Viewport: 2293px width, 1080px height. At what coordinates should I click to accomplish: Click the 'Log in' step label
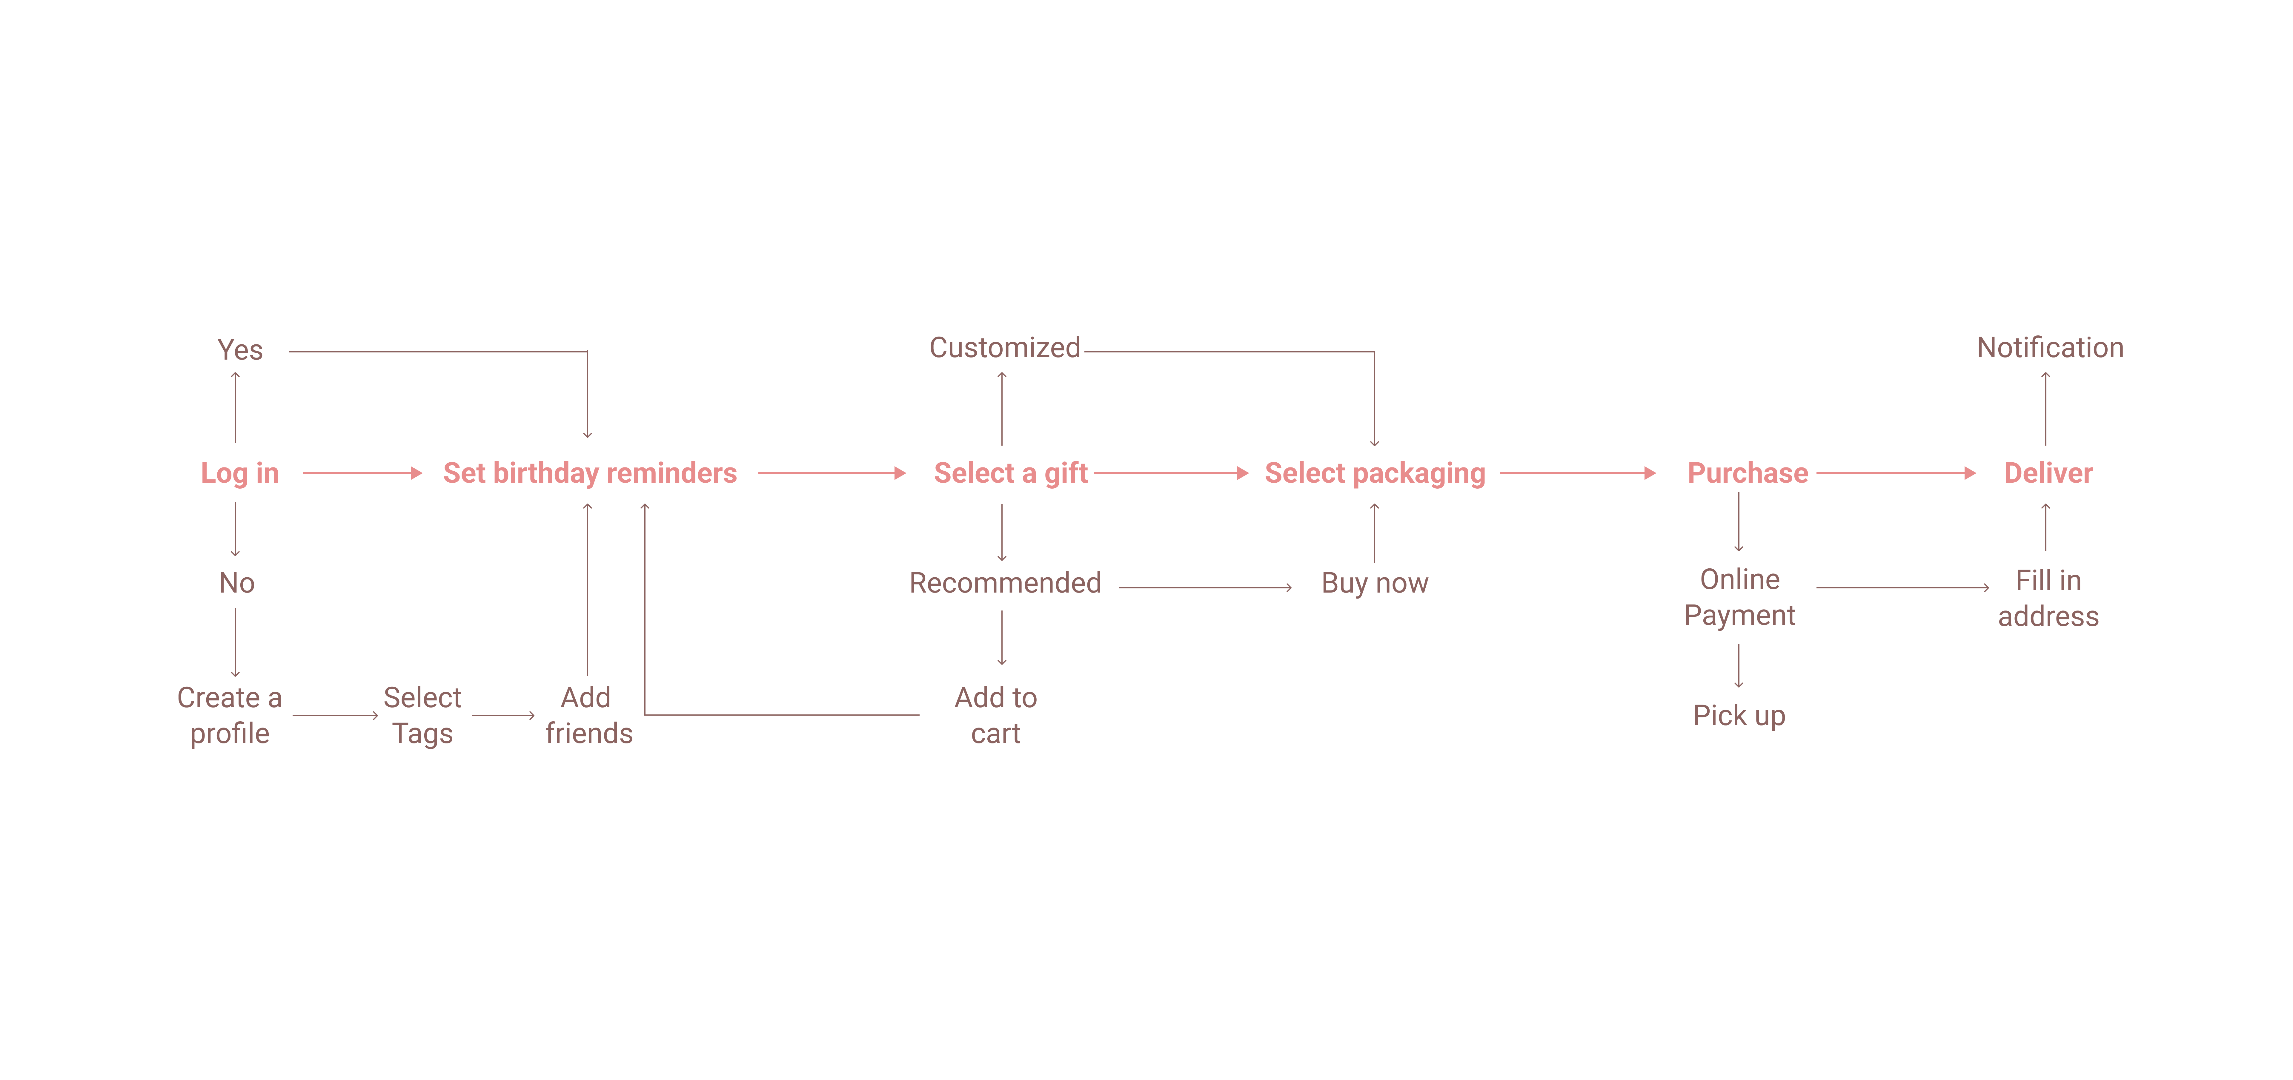tap(239, 473)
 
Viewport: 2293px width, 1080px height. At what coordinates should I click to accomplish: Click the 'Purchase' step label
tap(1747, 473)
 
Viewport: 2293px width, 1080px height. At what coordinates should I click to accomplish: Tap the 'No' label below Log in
tap(237, 583)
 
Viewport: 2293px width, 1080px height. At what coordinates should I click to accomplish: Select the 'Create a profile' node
tap(230, 715)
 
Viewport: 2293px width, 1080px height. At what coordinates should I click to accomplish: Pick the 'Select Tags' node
tap(423, 715)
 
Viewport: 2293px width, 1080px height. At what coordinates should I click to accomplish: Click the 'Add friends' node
tap(588, 715)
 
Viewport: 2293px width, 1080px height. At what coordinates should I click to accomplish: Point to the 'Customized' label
tap(1004, 347)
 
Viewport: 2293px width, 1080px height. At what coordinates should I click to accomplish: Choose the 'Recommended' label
tap(1005, 583)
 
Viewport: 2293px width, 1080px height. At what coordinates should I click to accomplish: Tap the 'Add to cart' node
tap(995, 715)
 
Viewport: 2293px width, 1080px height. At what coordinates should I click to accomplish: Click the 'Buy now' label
tap(1374, 583)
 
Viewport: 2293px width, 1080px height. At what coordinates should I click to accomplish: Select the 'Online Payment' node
tap(1739, 597)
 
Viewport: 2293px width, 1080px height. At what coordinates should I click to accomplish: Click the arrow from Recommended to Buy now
tap(1204, 587)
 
